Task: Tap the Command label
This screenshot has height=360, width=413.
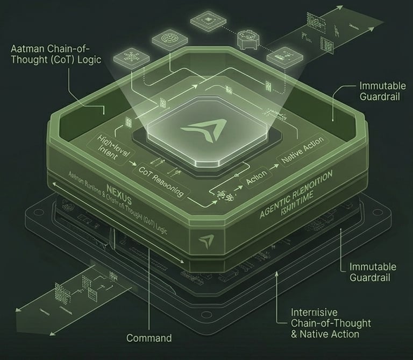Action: (149, 338)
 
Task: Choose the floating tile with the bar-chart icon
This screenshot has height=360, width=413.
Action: (282, 54)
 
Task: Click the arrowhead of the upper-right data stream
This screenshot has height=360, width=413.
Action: (340, 8)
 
